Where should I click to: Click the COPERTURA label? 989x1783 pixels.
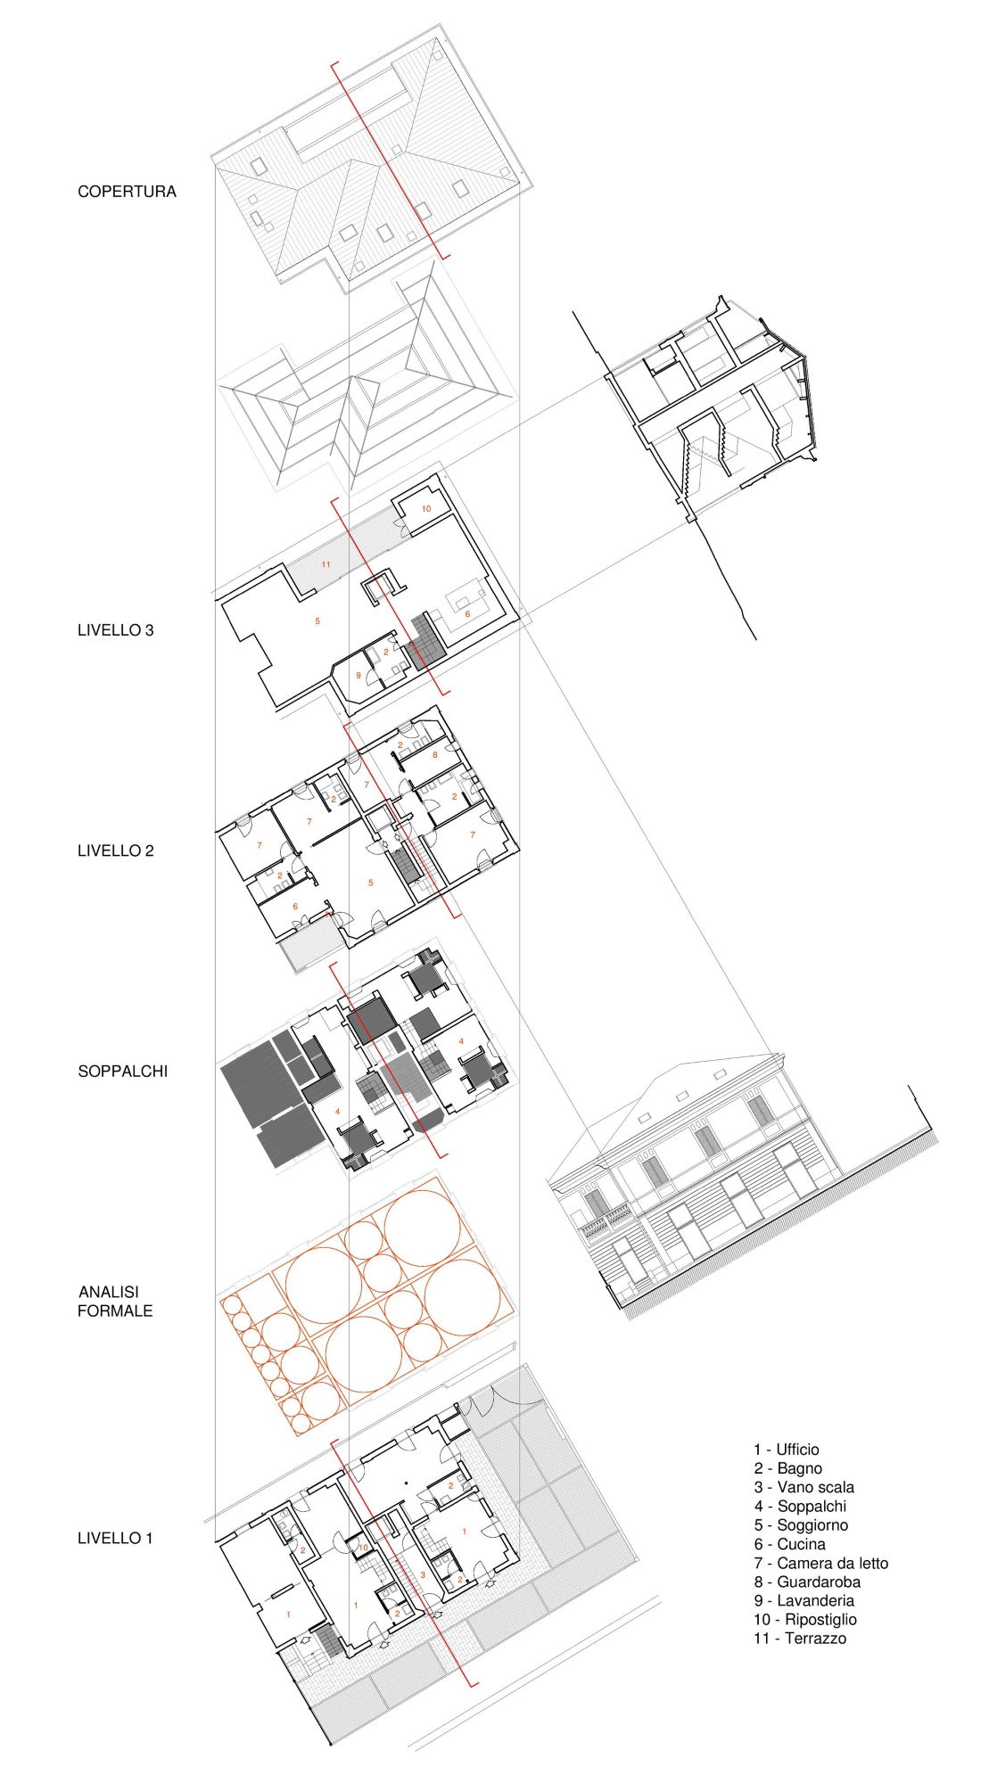127,192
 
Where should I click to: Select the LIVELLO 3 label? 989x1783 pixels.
115,630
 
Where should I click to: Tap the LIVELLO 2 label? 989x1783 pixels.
115,850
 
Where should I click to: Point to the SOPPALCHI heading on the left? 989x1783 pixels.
122,1071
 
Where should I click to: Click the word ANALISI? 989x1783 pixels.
109,1292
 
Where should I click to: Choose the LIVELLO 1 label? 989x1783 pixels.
115,1538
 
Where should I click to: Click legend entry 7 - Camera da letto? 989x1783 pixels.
820,1588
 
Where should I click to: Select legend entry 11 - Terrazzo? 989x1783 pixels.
800,1663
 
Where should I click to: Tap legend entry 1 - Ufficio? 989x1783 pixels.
786,1475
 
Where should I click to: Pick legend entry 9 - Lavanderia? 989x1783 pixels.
804,1625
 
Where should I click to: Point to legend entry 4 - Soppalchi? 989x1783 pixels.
800,1531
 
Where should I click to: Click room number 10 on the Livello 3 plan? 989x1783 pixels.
425,509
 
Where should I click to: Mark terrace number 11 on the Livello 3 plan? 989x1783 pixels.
326,565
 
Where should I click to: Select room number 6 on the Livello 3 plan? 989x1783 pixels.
467,614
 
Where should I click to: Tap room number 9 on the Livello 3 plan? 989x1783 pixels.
359,676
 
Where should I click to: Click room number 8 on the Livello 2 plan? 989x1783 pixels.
435,755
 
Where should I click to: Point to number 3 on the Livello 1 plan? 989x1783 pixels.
422,1575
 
